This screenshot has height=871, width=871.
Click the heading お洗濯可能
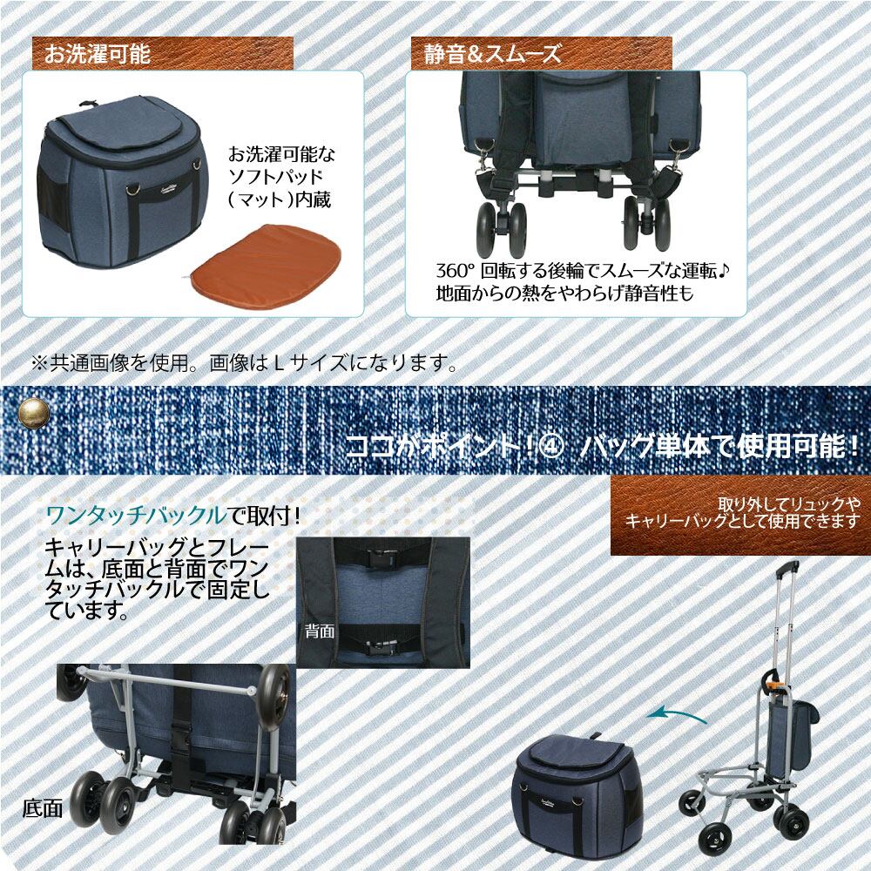tap(98, 54)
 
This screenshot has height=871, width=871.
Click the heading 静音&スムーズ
tap(493, 54)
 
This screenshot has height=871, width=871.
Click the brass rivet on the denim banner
tap(34, 413)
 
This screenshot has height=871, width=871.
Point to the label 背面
tap(320, 631)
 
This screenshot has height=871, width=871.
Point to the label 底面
tap(42, 809)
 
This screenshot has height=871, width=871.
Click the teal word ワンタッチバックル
tap(138, 517)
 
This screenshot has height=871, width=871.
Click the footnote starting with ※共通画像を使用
tap(245, 363)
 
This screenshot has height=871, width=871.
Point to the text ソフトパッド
tap(277, 177)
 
